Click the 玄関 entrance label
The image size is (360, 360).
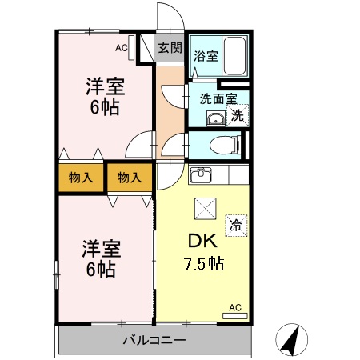click(170, 48)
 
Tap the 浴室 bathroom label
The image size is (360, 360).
click(206, 56)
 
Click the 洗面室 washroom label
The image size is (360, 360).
click(218, 100)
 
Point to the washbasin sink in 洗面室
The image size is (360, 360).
click(214, 120)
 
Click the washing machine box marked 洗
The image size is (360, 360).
click(237, 116)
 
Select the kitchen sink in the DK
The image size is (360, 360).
click(200, 174)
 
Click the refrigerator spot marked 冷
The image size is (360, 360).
click(236, 225)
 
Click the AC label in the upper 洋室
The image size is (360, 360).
click(121, 48)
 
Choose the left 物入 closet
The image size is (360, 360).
click(81, 178)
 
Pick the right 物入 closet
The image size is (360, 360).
click(129, 178)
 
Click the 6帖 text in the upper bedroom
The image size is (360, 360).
click(104, 109)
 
